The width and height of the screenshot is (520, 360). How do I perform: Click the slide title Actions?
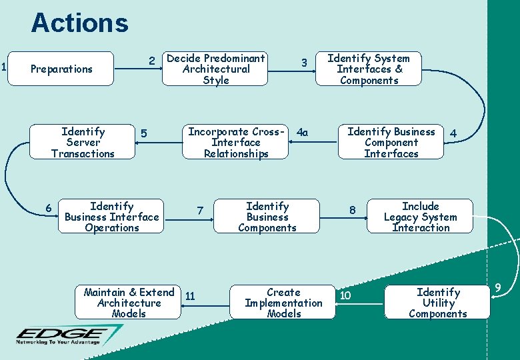[79, 23]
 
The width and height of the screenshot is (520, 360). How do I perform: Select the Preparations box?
[62, 69]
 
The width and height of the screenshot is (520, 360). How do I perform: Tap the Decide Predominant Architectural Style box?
[215, 69]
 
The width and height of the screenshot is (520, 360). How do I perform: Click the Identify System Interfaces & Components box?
[369, 69]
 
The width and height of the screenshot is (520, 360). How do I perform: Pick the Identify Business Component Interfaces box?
[391, 143]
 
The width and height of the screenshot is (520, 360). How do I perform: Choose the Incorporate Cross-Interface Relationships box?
[236, 143]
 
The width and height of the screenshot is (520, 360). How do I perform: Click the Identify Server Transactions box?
[83, 143]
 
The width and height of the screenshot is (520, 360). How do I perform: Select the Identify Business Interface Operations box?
[111, 217]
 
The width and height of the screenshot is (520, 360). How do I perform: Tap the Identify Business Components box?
[267, 217]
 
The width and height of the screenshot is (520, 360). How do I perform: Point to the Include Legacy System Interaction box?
[420, 217]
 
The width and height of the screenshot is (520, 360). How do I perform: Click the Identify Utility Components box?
[437, 303]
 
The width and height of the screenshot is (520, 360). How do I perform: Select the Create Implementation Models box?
[283, 303]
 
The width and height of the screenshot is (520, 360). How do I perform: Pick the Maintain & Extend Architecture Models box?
[129, 303]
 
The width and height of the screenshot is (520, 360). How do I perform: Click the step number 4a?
[303, 132]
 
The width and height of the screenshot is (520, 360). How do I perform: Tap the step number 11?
[190, 295]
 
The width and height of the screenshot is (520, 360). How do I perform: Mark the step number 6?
[49, 209]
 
